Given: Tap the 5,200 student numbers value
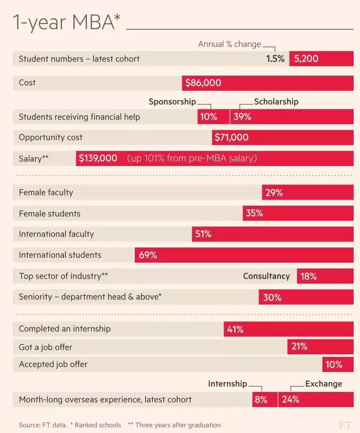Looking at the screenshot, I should (x=306, y=59).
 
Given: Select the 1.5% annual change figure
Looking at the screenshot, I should (x=275, y=59).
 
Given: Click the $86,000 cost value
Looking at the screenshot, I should (x=203, y=83).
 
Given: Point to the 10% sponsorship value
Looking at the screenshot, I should (x=209, y=117).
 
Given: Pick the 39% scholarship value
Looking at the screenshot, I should (x=242, y=117).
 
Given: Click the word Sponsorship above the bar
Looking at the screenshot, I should (x=172, y=102).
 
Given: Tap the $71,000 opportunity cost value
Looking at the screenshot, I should (x=231, y=138).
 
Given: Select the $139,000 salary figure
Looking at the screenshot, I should (x=98, y=158).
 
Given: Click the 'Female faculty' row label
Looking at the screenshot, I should (x=46, y=192).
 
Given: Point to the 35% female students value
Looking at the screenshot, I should (x=254, y=213).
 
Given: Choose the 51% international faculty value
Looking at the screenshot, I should (x=203, y=234).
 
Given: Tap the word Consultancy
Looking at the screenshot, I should (x=266, y=276).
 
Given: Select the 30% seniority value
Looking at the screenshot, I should (x=272, y=297).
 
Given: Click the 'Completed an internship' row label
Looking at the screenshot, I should (x=64, y=329).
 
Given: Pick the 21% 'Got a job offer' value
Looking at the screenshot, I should (x=299, y=347).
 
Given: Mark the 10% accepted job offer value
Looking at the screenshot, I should (x=334, y=365).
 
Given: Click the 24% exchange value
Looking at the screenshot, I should (x=291, y=399).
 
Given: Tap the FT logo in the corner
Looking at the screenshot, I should (x=345, y=424).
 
